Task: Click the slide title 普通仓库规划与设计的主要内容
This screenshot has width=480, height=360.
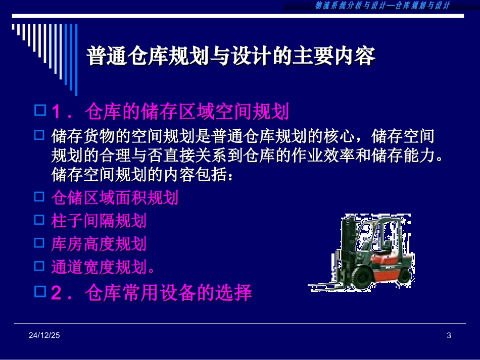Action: click(x=231, y=56)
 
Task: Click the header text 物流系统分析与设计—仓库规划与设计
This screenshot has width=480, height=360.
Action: click(x=382, y=6)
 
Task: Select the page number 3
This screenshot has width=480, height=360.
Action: click(x=449, y=336)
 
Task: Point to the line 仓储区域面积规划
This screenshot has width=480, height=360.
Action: click(x=115, y=197)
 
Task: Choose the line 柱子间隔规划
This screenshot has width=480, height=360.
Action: click(x=99, y=221)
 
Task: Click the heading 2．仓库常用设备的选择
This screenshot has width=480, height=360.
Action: click(x=152, y=292)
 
